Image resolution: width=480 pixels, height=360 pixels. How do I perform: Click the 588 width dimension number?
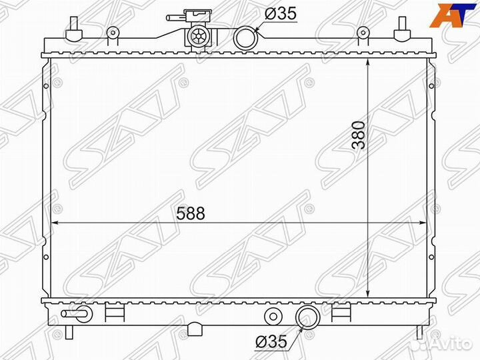coord(191,213)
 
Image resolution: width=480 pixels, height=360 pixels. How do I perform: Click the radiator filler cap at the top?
coord(198,34)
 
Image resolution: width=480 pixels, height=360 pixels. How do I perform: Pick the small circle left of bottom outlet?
coord(271,315)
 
